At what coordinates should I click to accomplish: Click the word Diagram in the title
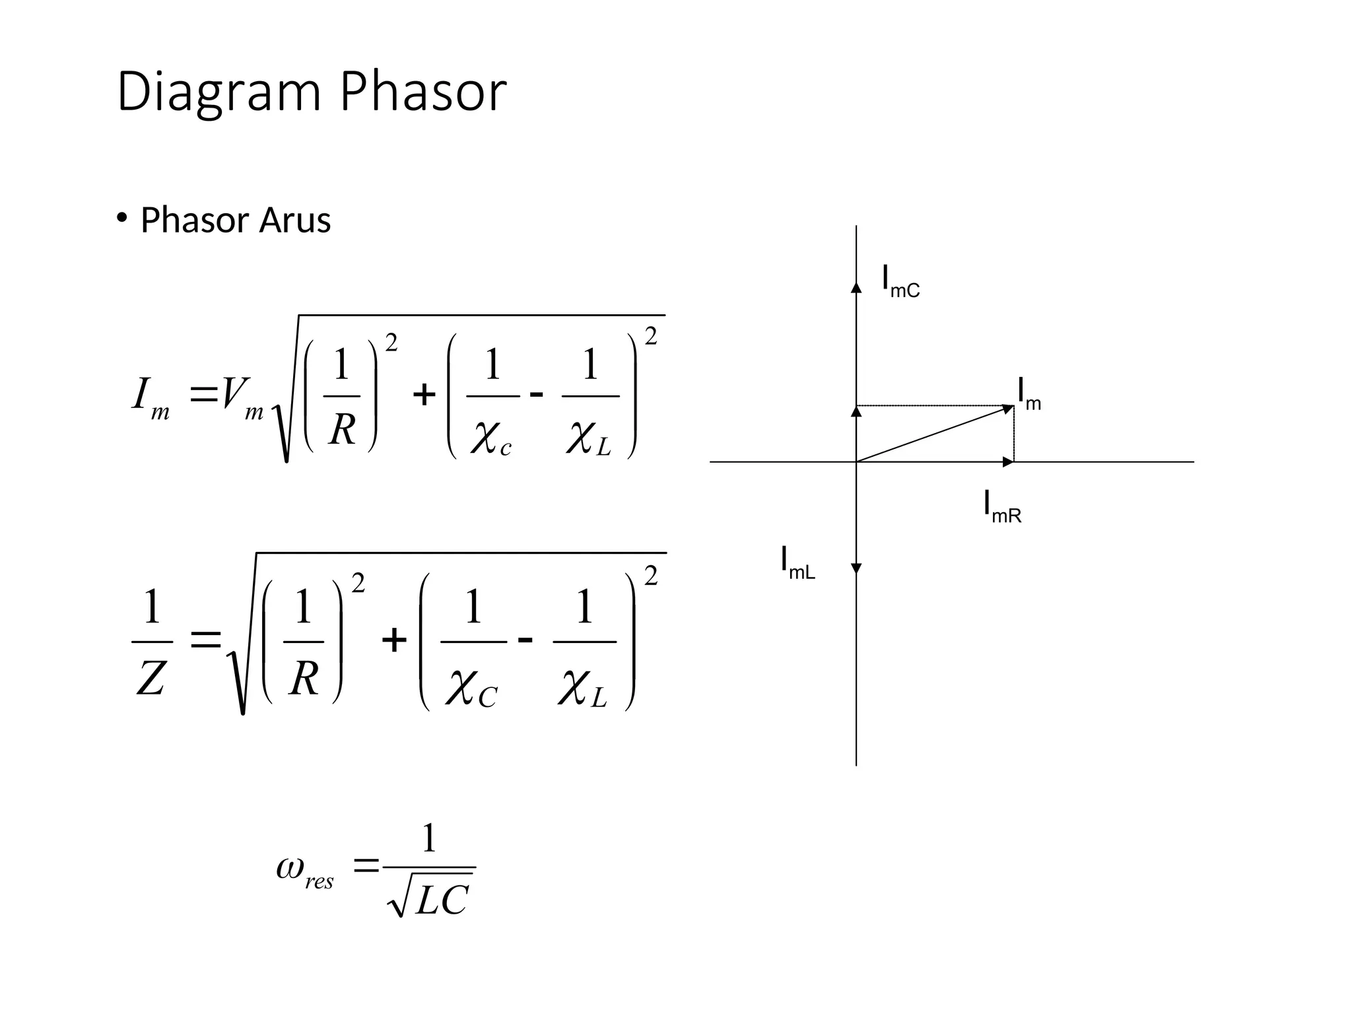tap(218, 92)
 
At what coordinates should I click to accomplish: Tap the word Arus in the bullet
tap(294, 220)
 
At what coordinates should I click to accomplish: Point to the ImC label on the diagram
tap(900, 282)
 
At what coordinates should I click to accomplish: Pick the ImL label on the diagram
tap(797, 563)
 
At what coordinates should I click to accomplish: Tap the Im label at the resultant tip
tap(1029, 394)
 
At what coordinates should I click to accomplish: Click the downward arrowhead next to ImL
tap(856, 568)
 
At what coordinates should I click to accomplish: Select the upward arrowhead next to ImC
tap(856, 287)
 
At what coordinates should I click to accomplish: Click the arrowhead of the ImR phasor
tap(1008, 462)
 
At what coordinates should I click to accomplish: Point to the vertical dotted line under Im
tap(1014, 434)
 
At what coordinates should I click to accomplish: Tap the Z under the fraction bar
tap(151, 679)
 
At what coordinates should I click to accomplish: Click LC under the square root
tap(441, 899)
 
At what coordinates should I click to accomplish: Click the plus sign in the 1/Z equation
tap(394, 640)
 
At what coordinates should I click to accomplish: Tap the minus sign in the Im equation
tap(537, 395)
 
